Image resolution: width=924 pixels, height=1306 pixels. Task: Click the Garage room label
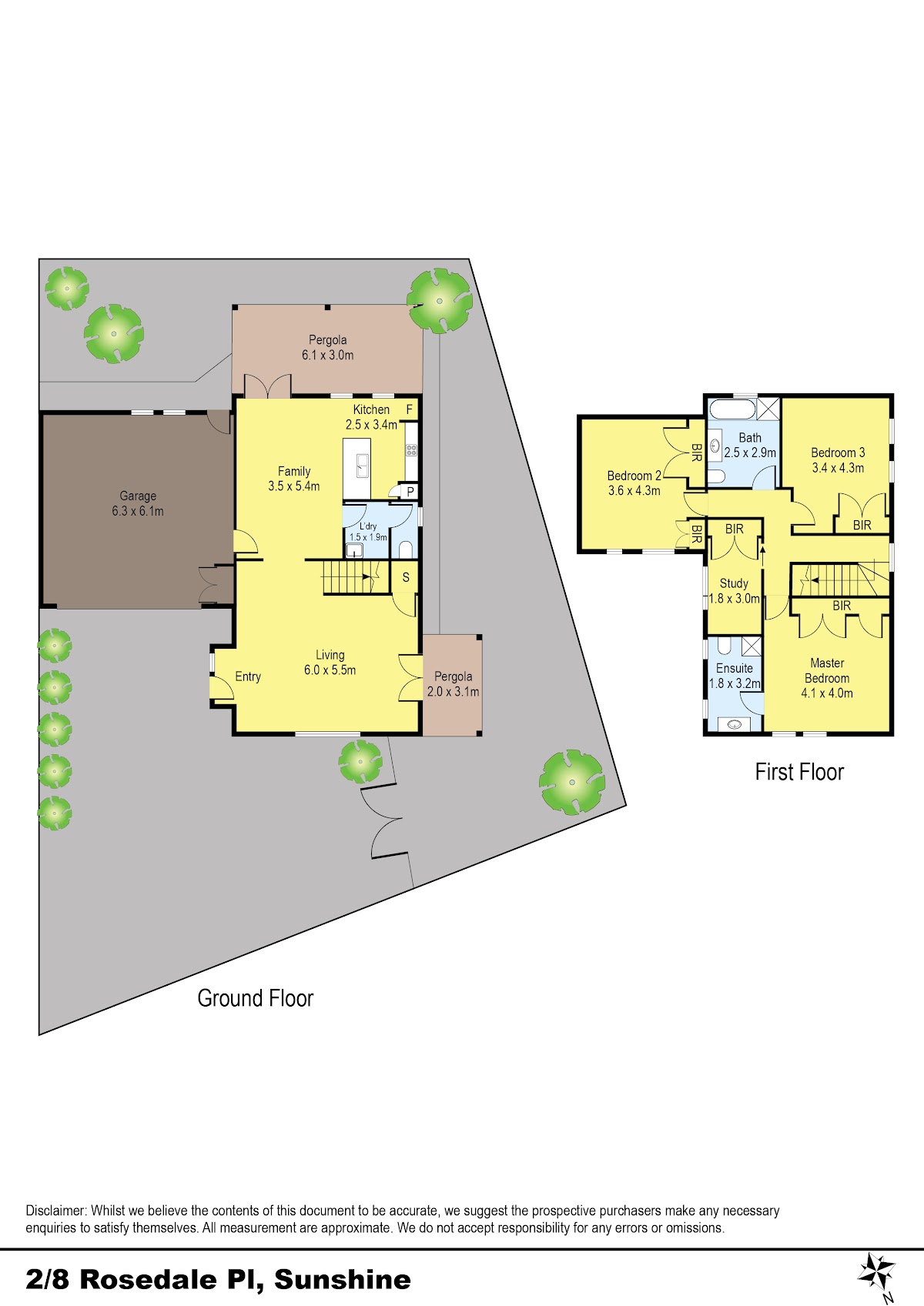point(138,496)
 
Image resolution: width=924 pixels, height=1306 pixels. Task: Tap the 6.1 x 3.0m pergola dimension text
point(327,355)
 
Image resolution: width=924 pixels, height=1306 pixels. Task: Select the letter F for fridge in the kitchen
point(410,409)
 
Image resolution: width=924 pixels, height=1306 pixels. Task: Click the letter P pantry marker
point(410,492)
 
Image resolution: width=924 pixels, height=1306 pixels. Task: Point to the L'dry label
point(368,526)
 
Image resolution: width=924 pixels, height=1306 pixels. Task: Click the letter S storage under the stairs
point(406,578)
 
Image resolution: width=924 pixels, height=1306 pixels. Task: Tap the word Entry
point(248,676)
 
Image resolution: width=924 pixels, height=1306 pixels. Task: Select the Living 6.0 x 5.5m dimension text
point(330,670)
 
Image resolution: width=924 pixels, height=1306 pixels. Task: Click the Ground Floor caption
point(256,998)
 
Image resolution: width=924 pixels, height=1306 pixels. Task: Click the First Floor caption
point(799,771)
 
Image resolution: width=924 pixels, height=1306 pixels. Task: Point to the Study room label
point(734,583)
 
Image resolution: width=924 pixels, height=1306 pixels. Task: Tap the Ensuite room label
point(735,668)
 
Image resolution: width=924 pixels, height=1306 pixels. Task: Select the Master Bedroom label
point(827,670)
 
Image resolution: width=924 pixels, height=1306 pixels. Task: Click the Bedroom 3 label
point(838,453)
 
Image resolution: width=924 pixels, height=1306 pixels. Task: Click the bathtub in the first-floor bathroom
point(732,409)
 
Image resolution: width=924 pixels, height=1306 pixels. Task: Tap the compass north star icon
point(877,1271)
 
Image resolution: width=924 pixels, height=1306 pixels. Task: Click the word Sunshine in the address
point(343,1279)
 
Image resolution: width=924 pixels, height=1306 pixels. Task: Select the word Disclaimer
point(56,1210)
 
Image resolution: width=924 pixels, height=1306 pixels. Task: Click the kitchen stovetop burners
point(412,449)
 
